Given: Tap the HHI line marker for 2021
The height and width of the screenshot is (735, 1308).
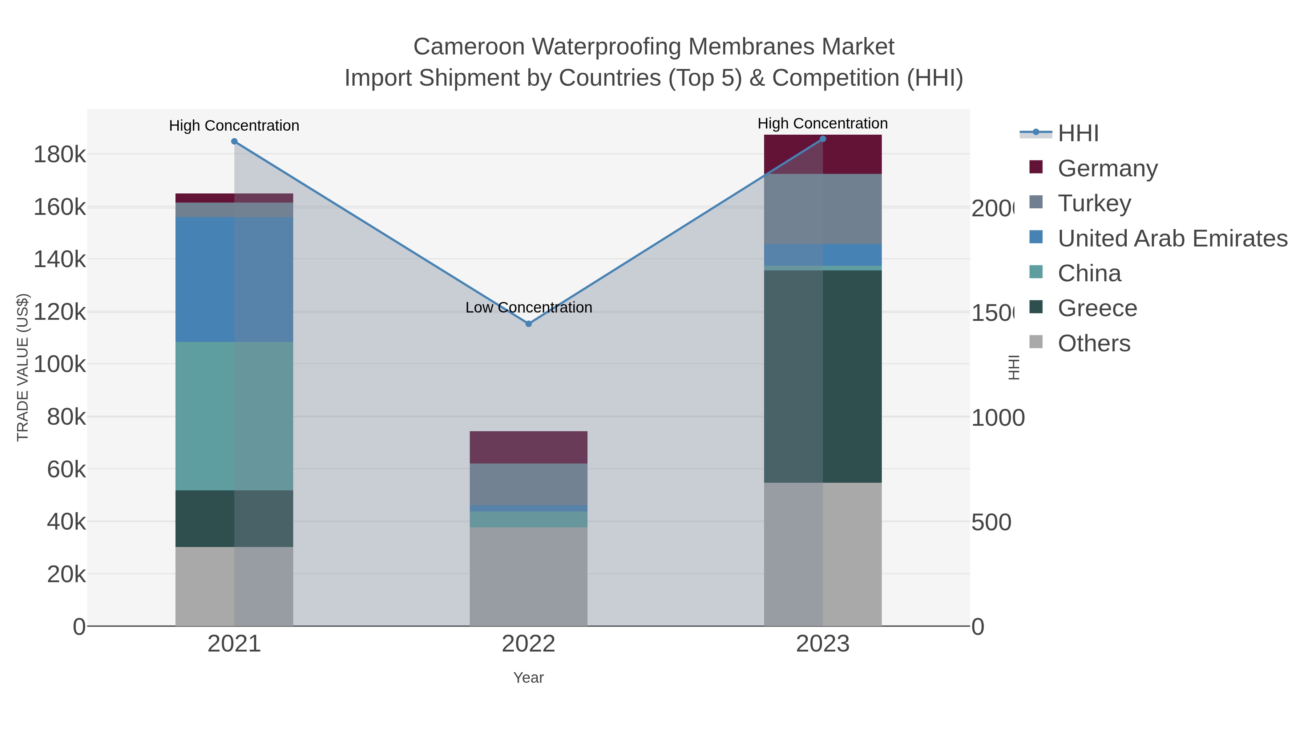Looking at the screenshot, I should point(234,142).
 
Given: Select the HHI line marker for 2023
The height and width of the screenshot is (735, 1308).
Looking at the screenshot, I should point(823,139).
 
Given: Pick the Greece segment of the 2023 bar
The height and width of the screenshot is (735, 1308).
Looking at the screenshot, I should point(823,376).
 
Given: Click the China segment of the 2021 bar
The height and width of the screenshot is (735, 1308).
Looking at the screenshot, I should point(234,416).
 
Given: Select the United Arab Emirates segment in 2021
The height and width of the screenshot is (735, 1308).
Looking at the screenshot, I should point(234,279).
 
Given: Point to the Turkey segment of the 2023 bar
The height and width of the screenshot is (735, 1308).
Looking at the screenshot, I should point(823,209).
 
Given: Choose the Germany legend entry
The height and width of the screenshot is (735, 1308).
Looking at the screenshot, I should point(1107,168).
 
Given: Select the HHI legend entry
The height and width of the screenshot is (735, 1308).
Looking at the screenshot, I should point(1078,134).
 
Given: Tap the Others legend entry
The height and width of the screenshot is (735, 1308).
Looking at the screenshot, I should point(1094,343).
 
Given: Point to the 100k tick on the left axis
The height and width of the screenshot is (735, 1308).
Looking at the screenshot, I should point(60,364).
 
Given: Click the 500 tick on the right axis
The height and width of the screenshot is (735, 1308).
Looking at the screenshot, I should point(991,522).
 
